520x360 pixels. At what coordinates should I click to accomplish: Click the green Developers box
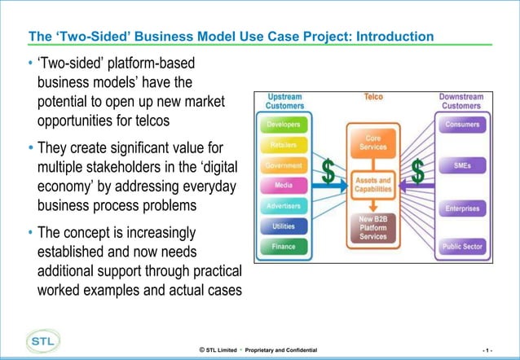284,125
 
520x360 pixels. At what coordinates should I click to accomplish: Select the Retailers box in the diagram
284,145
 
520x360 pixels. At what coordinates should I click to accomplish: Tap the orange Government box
284,165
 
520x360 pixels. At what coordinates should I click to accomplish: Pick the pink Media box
284,186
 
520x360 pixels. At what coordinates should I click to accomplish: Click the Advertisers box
284,205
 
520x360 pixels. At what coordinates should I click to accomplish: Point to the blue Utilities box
284,226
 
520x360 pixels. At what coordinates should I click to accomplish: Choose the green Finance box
284,245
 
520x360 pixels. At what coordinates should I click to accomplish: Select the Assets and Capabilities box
372,185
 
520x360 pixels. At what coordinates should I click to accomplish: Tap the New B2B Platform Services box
372,229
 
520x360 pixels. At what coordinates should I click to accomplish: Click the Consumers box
462,125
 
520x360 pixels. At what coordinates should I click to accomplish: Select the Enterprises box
462,209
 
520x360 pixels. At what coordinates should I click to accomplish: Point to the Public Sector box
462,245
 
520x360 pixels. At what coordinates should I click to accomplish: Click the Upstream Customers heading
284,101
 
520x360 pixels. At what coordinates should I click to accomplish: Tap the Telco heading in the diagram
373,97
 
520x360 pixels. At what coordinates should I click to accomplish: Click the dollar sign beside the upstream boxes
328,172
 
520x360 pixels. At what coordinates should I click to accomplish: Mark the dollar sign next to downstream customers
417,172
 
